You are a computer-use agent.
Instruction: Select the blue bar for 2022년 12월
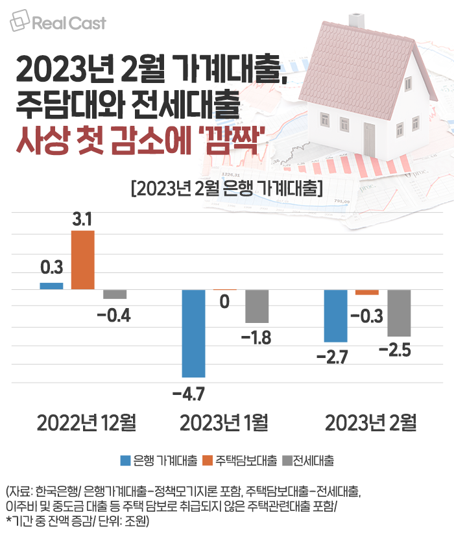[x=51, y=286]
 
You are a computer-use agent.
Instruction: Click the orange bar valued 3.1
[x=82, y=260]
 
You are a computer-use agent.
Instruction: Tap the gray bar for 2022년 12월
[x=115, y=294]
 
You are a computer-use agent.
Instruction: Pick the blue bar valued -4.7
[x=193, y=333]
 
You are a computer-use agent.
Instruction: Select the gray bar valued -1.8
[x=257, y=306]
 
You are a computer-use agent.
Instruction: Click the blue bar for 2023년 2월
[x=335, y=315]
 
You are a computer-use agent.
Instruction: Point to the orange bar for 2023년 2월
[x=367, y=292]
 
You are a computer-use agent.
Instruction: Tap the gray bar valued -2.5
[x=399, y=313]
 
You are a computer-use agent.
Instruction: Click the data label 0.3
[x=51, y=267]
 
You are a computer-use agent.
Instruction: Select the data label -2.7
[x=335, y=356]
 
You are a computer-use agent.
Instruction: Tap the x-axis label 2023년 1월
[x=224, y=424]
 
